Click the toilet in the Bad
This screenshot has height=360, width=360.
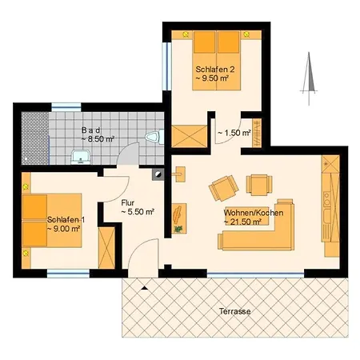point(155,137)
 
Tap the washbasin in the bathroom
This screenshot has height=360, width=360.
point(81,157)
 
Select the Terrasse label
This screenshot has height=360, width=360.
point(234,311)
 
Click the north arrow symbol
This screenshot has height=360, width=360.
point(309,78)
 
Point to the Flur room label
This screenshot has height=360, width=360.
point(128,203)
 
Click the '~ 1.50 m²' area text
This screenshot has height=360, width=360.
point(234,133)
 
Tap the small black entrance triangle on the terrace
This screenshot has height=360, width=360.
point(144,288)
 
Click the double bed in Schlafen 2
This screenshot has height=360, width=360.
point(217,61)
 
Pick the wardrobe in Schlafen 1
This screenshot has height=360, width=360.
point(106,248)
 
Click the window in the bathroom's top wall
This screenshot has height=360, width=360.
point(66,107)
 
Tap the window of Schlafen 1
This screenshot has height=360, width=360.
point(68,274)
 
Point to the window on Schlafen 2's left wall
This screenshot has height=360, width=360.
point(167,66)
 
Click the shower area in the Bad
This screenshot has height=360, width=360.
point(35,138)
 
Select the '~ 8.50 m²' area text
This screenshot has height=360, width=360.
point(98,139)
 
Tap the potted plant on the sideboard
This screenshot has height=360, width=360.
point(178,229)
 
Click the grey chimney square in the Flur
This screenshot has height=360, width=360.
point(158,174)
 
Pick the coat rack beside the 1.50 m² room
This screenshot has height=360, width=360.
point(257,133)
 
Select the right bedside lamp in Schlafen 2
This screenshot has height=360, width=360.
point(246,34)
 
